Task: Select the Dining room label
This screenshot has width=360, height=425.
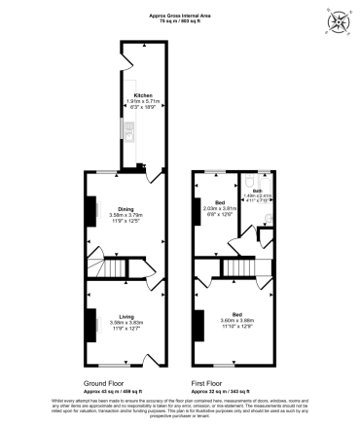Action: pyautogui.click(x=126, y=208)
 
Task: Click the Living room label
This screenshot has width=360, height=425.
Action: pyautogui.click(x=126, y=315)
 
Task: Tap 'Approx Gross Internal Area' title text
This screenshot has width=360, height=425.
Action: pyautogui.click(x=180, y=16)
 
